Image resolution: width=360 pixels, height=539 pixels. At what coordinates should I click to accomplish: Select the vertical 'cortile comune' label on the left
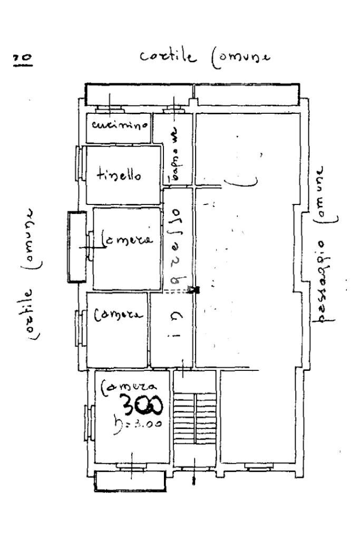click(x=32, y=269)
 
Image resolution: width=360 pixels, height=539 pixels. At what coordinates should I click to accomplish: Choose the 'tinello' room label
click(x=119, y=176)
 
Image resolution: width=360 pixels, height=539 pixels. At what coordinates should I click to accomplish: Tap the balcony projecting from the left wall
click(x=76, y=247)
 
